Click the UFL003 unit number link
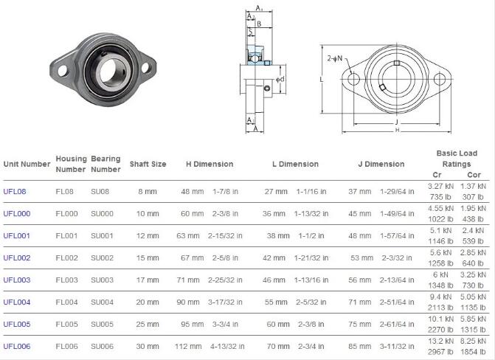17,280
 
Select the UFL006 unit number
17,346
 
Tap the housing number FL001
66,235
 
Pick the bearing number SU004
102,302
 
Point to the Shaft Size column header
148,164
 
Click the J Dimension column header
381,164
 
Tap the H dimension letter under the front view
397,130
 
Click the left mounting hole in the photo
61,72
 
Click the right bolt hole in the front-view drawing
440,79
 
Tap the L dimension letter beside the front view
322,78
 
